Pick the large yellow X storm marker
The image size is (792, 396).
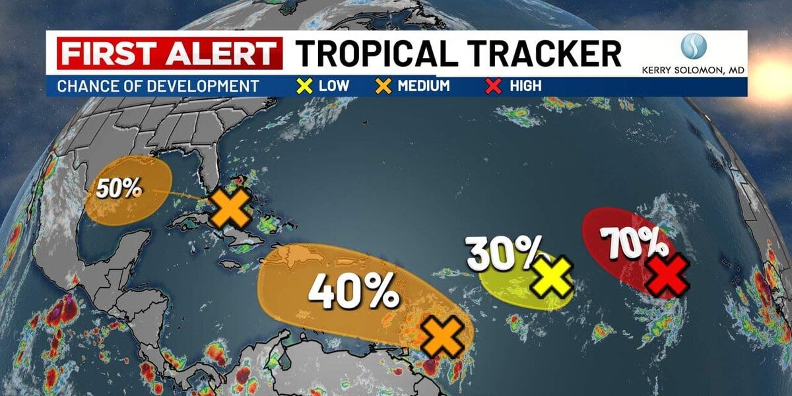(x=552, y=277)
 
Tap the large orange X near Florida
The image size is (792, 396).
(x=230, y=208)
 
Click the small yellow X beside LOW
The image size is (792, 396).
(x=305, y=86)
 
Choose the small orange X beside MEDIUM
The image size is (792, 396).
(x=383, y=86)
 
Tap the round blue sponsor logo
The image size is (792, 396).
(x=694, y=47)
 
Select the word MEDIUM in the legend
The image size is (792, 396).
(x=423, y=86)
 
